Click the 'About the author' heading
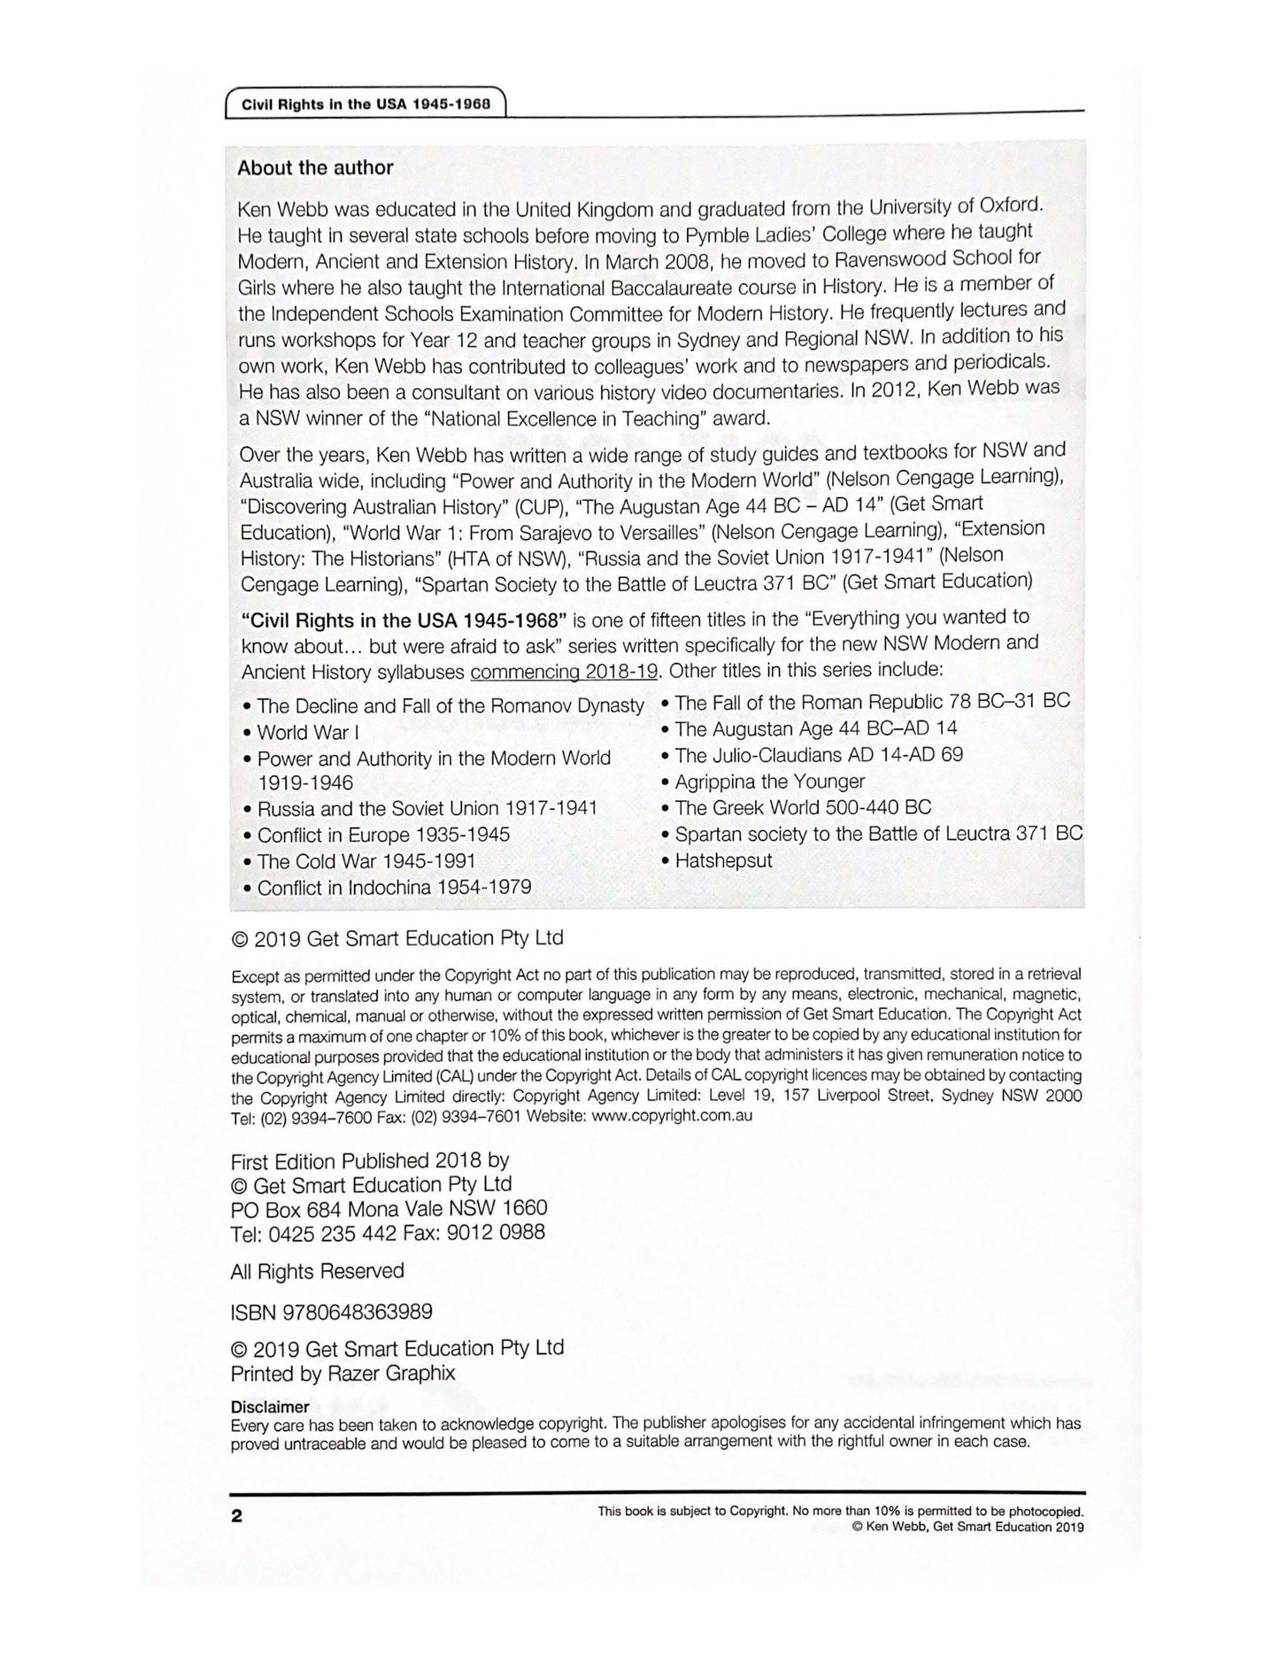[315, 167]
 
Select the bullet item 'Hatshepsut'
[723, 860]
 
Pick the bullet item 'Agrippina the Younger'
[769, 781]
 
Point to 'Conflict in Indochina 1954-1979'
[394, 888]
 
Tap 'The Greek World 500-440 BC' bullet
[802, 807]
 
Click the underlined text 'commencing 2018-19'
[564, 672]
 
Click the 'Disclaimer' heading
[270, 1406]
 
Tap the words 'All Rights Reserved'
[317, 1272]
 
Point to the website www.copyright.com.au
[672, 1116]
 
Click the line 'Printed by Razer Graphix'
[343, 1374]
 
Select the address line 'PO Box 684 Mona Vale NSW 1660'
[389, 1209]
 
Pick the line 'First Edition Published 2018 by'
[369, 1160]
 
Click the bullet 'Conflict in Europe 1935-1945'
[383, 835]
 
